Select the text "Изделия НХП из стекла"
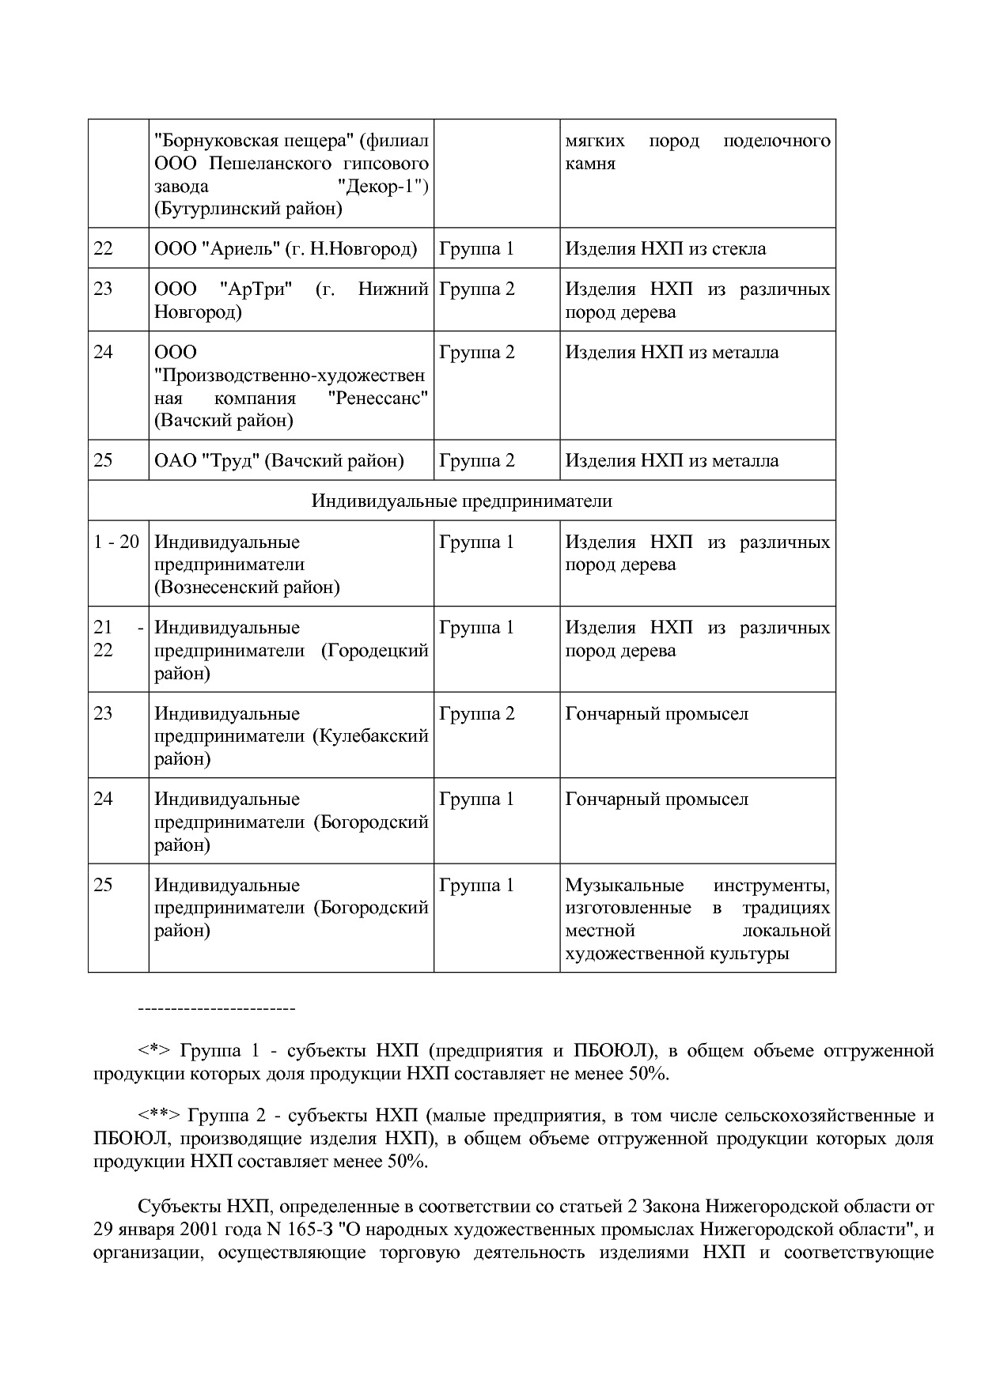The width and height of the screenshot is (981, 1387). click(x=665, y=249)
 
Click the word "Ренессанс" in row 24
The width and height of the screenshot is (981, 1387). click(x=378, y=398)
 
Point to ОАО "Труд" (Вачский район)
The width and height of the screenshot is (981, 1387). click(x=278, y=461)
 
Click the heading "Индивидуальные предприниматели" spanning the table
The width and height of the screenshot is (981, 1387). click(x=461, y=501)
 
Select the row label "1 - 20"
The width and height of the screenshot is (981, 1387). click(x=116, y=542)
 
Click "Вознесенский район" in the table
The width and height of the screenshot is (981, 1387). click(x=247, y=588)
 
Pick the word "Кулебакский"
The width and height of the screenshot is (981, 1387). click(x=371, y=736)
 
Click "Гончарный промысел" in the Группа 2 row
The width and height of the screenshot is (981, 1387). click(x=657, y=714)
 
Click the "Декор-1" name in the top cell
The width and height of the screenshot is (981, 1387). click(x=381, y=187)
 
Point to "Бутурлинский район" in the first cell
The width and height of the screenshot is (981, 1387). click(x=248, y=210)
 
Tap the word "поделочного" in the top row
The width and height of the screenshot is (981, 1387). click(x=776, y=142)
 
